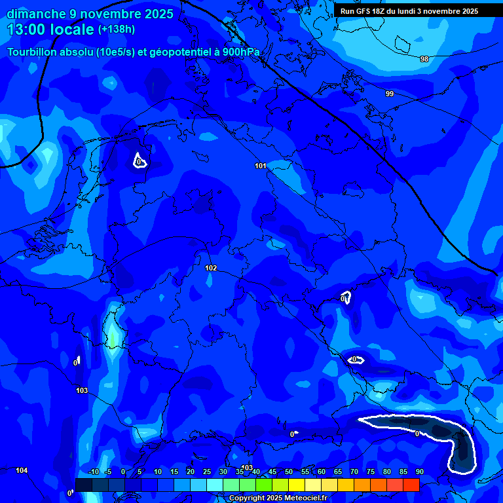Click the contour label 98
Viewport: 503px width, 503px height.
click(424, 59)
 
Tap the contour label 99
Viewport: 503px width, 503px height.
click(390, 94)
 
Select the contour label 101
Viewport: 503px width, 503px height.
click(261, 166)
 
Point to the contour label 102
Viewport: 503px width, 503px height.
click(211, 268)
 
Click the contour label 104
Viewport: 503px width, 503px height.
click(22, 470)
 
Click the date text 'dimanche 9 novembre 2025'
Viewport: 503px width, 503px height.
click(90, 14)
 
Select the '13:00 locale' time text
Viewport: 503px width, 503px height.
click(50, 29)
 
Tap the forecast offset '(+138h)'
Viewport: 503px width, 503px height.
click(117, 29)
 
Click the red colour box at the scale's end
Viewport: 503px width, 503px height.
click(411, 485)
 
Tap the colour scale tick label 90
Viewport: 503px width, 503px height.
click(419, 472)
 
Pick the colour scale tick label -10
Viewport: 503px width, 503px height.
click(93, 472)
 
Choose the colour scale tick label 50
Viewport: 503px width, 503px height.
click(288, 472)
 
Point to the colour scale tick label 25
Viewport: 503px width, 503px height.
click(206, 472)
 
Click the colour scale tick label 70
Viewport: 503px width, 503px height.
click(354, 472)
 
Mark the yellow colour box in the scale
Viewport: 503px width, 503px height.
click(297, 485)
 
